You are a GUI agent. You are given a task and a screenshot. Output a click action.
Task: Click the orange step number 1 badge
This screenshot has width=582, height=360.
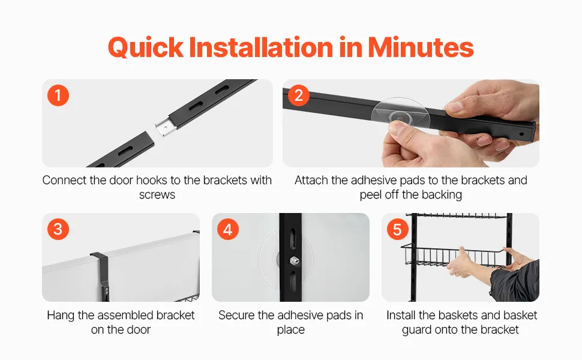[58, 95]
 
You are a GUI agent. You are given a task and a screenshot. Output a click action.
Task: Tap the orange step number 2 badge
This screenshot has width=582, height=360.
[299, 95]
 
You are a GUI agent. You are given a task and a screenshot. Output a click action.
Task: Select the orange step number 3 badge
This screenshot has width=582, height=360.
[58, 229]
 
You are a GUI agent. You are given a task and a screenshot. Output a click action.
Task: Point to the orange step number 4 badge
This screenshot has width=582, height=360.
[228, 229]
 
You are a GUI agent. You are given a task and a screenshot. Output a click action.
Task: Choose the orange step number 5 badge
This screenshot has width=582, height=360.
[398, 229]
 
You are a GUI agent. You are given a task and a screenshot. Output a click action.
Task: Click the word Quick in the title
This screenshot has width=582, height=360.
[145, 47]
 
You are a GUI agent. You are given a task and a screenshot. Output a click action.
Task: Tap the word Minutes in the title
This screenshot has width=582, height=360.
[421, 47]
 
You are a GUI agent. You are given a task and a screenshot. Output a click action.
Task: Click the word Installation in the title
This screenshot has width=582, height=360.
[261, 47]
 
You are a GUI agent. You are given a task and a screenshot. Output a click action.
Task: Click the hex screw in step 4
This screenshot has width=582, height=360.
[295, 261]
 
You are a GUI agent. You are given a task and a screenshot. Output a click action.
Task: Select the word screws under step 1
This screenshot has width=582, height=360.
[157, 195]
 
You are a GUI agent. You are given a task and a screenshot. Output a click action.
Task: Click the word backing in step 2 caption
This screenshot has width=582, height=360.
[442, 194]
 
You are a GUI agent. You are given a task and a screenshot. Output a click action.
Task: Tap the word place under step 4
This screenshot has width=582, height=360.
[290, 329]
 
